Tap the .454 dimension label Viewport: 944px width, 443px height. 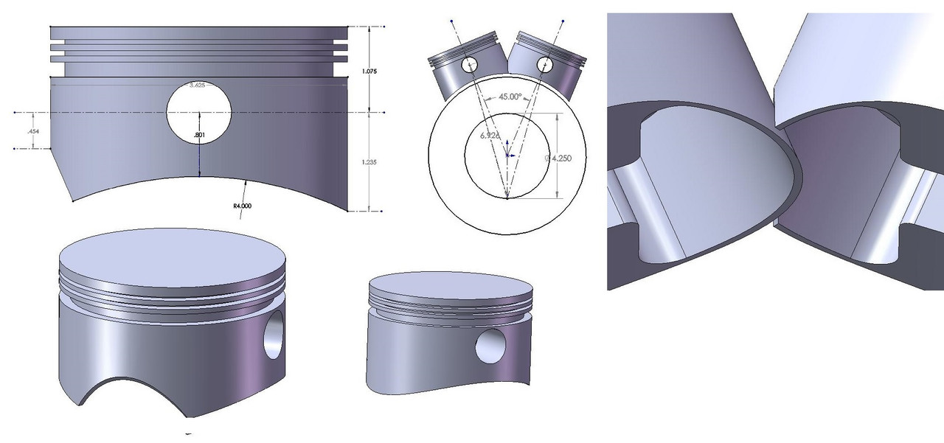[x=33, y=130]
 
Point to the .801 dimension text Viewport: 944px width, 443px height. [x=198, y=136]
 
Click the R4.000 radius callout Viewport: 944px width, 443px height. [x=243, y=206]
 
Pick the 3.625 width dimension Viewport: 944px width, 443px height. [x=196, y=86]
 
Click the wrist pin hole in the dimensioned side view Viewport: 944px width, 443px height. [x=199, y=113]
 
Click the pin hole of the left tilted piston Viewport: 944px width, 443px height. [x=470, y=66]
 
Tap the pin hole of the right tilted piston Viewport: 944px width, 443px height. [x=545, y=64]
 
